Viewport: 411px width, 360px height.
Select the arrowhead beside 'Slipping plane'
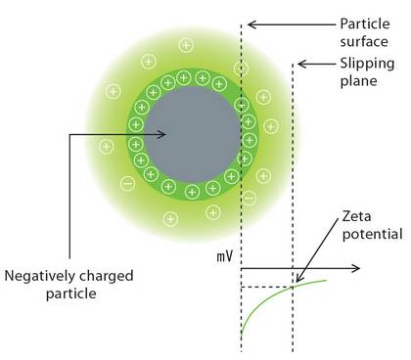point(301,64)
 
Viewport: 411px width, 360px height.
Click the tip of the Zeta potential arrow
point(295,285)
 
